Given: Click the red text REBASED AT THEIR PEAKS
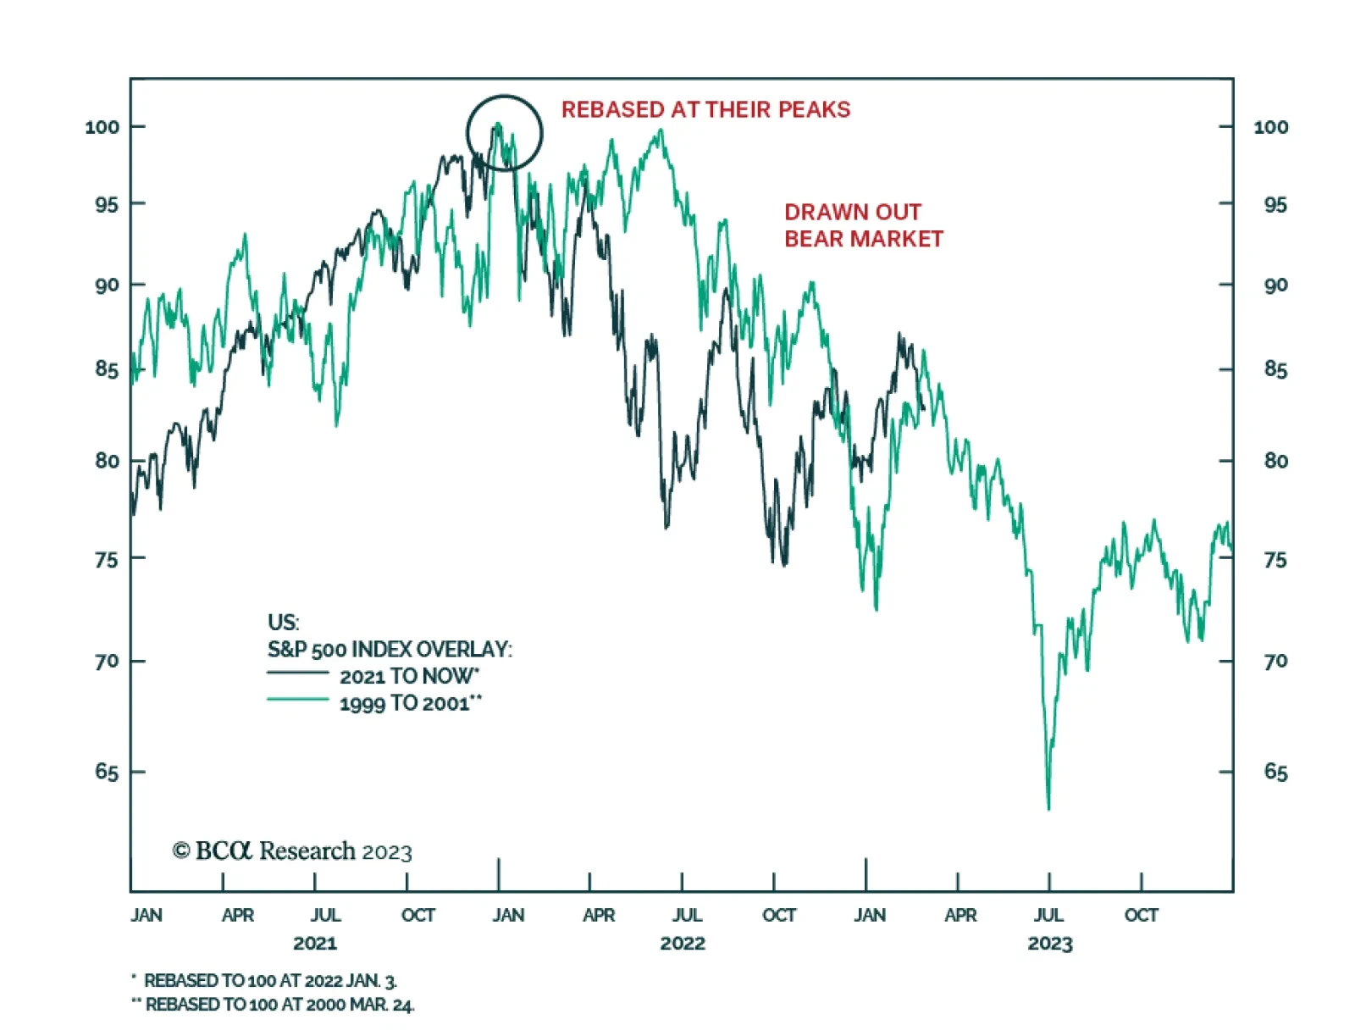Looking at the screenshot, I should click(x=705, y=109).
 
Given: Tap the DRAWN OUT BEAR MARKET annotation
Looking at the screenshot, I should click(x=863, y=225).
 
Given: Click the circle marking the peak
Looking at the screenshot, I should click(x=504, y=132).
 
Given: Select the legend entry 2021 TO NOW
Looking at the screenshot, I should click(x=409, y=676).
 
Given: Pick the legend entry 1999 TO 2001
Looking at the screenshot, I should click(x=410, y=703).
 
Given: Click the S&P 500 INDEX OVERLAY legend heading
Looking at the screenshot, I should click(x=390, y=649).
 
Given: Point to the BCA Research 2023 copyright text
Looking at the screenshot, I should click(x=292, y=850).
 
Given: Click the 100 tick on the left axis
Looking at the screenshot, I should click(x=102, y=127).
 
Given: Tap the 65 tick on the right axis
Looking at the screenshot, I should click(x=1275, y=772).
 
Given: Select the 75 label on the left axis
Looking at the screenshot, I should click(x=107, y=559).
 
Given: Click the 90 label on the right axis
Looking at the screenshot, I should click(x=1275, y=285).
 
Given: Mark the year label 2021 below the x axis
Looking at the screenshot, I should click(x=315, y=943).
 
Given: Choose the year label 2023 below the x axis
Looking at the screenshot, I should click(x=1050, y=943).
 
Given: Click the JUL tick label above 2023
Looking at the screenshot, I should click(x=1048, y=915).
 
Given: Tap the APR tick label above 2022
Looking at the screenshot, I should click(x=599, y=915).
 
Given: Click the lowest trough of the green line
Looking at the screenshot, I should click(x=1048, y=808).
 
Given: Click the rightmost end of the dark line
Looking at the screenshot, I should click(x=923, y=408).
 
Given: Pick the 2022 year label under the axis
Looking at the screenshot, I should click(x=683, y=943).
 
